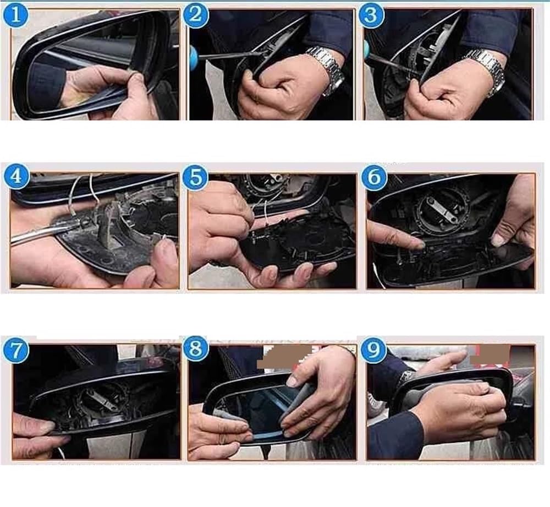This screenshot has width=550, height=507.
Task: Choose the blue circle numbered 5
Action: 195,177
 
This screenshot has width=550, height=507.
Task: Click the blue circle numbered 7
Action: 16,350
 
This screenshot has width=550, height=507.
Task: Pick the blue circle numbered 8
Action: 196,350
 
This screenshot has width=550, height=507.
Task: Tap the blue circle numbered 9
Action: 374,350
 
